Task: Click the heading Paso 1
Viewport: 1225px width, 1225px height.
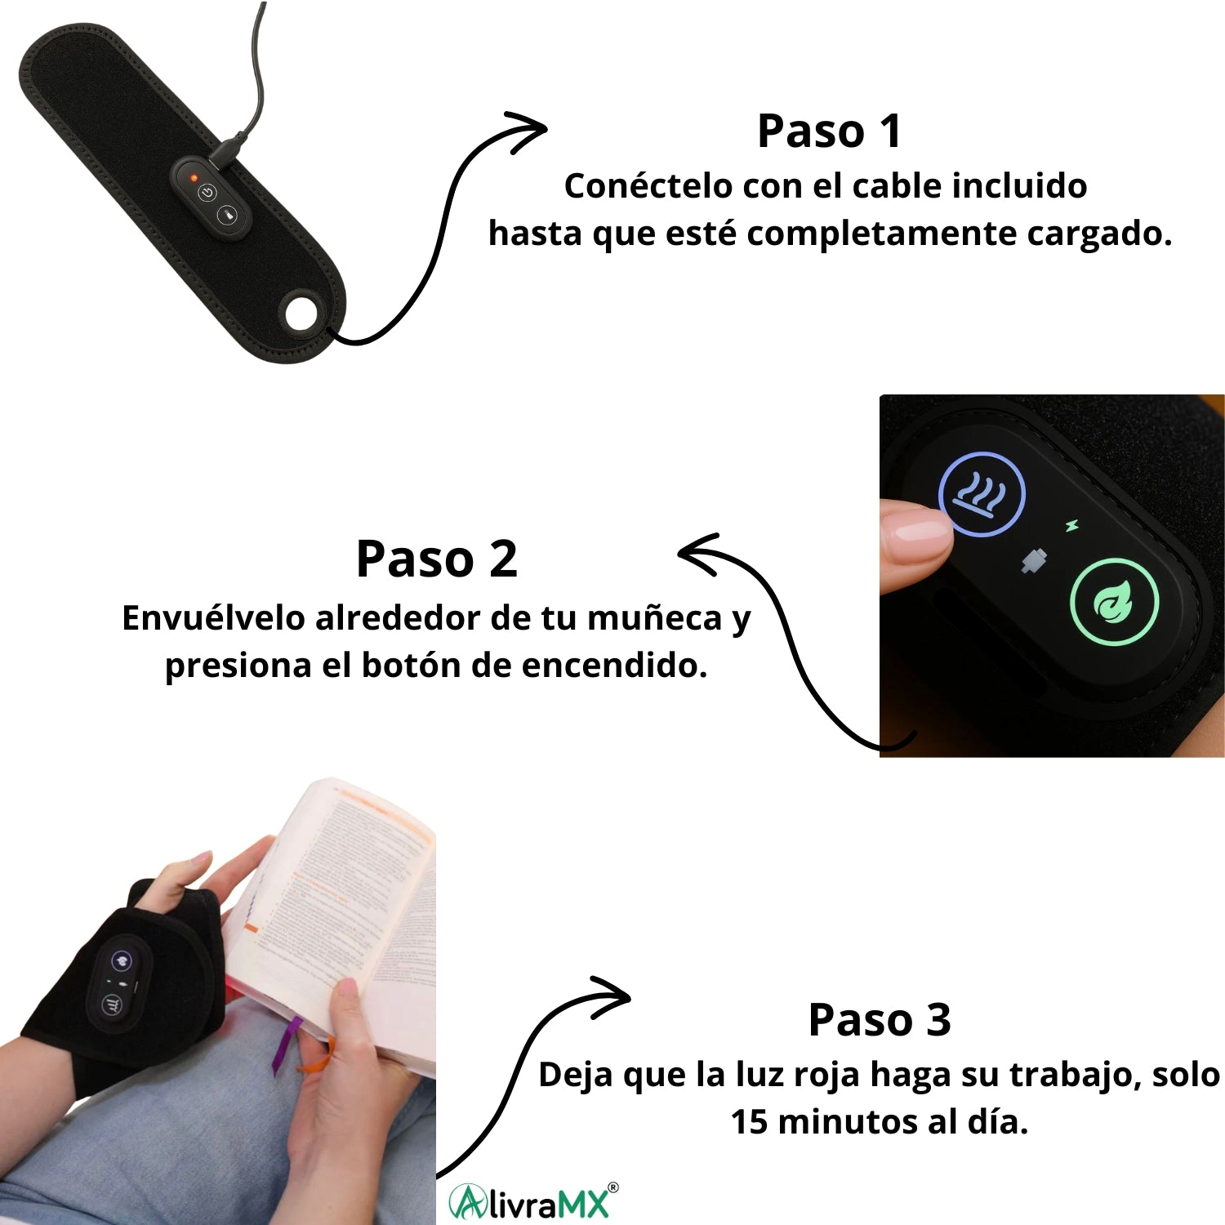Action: (x=830, y=131)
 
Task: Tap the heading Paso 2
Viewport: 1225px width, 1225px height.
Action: (x=437, y=559)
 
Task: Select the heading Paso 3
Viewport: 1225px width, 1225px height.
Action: (x=880, y=1019)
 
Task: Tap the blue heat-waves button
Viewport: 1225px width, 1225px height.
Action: (x=981, y=494)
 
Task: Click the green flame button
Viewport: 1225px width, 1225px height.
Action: (x=1114, y=602)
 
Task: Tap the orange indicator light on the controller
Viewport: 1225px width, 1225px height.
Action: (x=194, y=176)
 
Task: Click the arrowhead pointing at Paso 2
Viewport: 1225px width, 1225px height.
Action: (x=698, y=555)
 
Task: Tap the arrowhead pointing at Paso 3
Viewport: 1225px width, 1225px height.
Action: (x=612, y=996)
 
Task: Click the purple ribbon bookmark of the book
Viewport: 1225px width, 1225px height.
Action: (x=283, y=1046)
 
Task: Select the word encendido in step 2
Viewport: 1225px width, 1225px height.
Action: (x=613, y=666)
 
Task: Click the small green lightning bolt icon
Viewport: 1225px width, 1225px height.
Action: (x=1071, y=527)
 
